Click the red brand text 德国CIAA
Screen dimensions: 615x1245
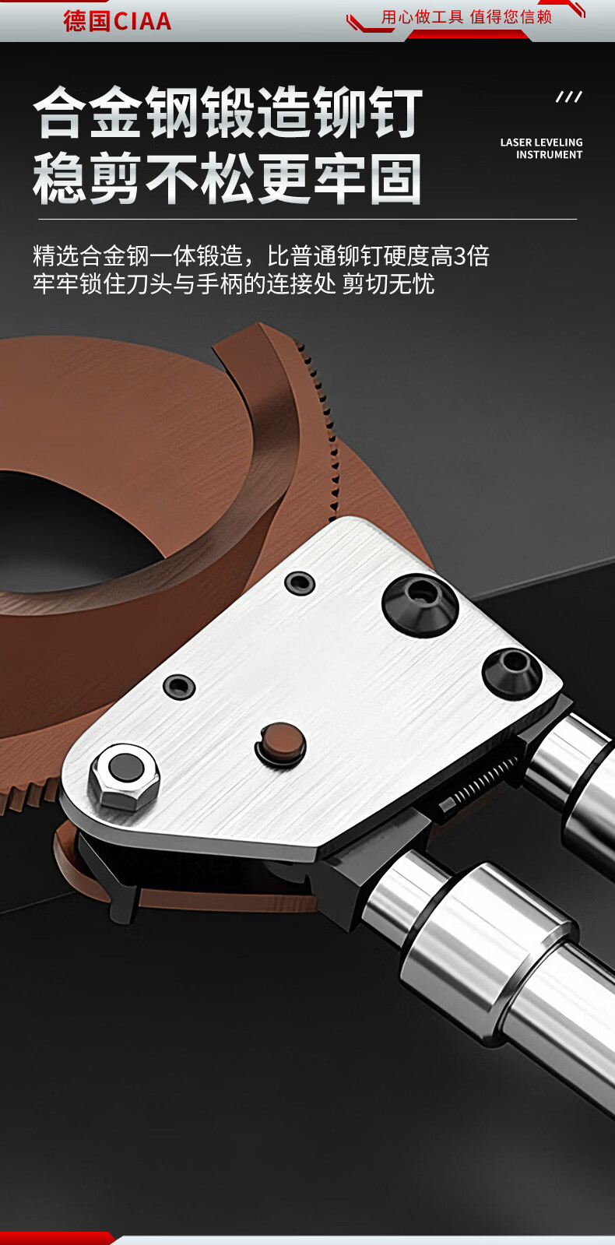(118, 21)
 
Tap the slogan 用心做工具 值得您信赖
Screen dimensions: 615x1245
(466, 17)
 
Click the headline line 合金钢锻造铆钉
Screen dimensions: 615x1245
(228, 113)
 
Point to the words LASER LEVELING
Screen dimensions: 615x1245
(541, 142)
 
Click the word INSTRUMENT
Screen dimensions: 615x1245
(549, 154)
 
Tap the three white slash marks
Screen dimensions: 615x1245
(569, 97)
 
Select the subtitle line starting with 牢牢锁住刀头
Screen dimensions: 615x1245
(234, 283)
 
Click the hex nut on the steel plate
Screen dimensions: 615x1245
(125, 775)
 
